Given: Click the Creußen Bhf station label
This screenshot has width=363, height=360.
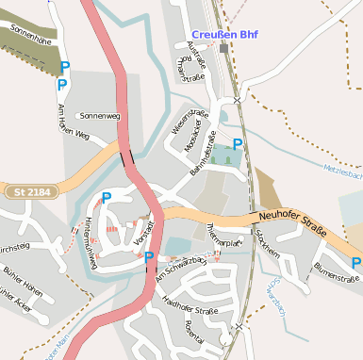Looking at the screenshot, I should [219, 35].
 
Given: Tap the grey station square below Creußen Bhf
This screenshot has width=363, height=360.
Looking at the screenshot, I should [223, 47].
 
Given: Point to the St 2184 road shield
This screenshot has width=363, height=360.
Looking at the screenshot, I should [26, 192].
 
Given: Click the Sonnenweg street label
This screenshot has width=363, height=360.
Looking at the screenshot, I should [100, 116].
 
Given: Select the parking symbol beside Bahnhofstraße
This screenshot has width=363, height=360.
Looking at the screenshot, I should [238, 144].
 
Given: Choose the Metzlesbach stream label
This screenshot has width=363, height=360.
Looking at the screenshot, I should [342, 173].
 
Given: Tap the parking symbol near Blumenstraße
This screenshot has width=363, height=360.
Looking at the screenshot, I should [356, 262].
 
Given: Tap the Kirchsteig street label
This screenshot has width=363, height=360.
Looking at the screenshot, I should [14, 248].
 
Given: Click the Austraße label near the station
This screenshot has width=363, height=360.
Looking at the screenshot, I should [195, 53].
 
